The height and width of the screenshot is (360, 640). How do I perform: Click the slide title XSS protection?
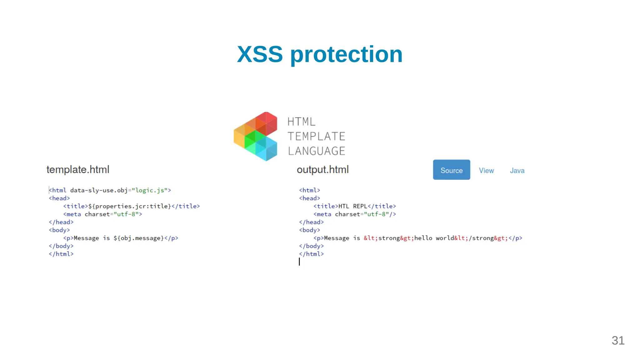click(320, 54)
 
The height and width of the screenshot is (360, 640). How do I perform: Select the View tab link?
click(486, 171)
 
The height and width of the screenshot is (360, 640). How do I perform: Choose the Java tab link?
click(517, 171)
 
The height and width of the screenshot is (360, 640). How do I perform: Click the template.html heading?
click(78, 170)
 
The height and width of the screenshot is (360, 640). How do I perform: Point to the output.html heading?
click(322, 170)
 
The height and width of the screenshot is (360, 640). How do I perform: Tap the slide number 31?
click(618, 341)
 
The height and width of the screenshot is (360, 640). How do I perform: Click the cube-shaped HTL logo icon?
click(256, 136)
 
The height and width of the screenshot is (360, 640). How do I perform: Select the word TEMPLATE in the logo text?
click(316, 137)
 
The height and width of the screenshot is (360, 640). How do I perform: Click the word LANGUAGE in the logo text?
click(317, 151)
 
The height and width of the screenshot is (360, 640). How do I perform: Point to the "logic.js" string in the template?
click(150, 190)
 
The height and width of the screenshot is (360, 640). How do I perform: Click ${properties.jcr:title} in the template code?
click(130, 206)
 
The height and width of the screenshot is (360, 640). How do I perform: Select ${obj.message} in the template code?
click(139, 238)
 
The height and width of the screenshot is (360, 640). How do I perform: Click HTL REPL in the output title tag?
click(353, 206)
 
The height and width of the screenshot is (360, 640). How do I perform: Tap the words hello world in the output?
click(434, 238)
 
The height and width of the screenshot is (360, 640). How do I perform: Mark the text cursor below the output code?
click(299, 262)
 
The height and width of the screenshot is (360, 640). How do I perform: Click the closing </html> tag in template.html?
click(61, 254)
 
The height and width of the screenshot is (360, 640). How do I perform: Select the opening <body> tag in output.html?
click(309, 230)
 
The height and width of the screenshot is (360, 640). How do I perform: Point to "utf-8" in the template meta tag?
click(126, 214)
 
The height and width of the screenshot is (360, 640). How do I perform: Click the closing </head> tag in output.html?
click(311, 222)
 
